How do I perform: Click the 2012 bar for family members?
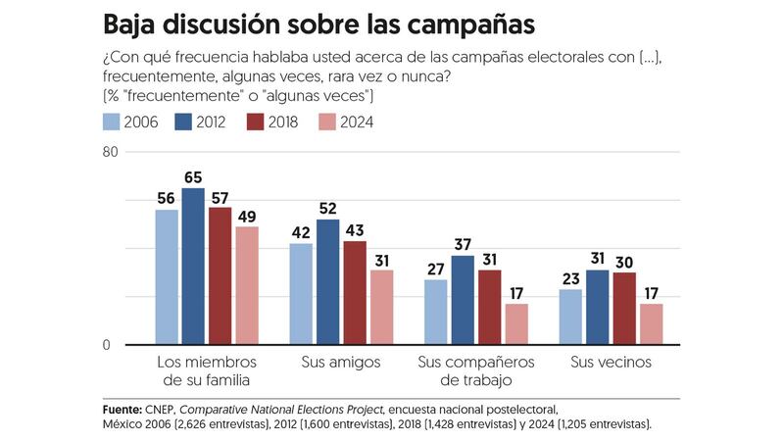pos(193,267)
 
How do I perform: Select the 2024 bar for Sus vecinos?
pos(652,324)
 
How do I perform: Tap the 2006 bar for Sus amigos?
pos(301,294)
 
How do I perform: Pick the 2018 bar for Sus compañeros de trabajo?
pos(490,308)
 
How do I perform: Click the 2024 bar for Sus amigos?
pos(381,308)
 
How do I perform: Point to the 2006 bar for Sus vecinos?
pos(570,317)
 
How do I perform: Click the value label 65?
pos(193,177)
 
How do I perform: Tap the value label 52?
pos(327,209)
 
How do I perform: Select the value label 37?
pos(463,245)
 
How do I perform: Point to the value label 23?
pos(570,278)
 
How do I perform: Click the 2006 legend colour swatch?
pos(113,122)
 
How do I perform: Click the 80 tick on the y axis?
pos(111,152)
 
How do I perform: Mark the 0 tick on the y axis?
pos(115,345)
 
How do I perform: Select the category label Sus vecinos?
pos(611,363)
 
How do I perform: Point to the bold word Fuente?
pos(122,408)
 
